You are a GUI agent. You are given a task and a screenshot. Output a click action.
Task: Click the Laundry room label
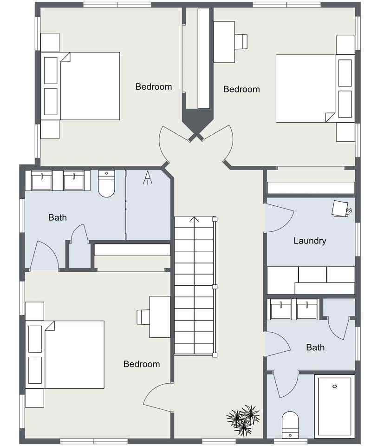coord(310,241)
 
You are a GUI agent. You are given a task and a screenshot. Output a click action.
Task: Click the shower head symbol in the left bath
coord(147,178)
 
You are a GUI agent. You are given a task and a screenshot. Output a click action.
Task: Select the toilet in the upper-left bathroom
coord(107,184)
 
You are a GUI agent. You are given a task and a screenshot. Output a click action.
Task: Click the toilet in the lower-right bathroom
coord(290,425)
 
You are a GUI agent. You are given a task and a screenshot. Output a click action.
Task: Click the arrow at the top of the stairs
coord(195,220)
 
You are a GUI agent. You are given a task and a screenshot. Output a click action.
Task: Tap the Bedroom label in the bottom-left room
coord(142,364)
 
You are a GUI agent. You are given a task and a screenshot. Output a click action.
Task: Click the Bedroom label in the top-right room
coord(241,89)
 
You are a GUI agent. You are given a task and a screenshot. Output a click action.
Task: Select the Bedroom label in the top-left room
coord(154,87)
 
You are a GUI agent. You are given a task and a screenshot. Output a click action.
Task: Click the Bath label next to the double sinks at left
coord(58,217)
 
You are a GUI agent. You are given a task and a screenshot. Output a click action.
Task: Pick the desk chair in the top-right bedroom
coord(241,41)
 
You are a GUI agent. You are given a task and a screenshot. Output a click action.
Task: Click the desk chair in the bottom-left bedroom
coord(143,317)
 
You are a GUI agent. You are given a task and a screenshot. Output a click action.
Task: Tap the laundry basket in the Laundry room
coord(341,209)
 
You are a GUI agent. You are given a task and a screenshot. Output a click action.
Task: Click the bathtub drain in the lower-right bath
coord(335,386)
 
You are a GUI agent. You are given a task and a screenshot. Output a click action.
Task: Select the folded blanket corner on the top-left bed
coord(65,57)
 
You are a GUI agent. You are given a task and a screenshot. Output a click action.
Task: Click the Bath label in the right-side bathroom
coord(315,348)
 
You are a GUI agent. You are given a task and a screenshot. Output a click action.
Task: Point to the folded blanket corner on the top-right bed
coord(330,117)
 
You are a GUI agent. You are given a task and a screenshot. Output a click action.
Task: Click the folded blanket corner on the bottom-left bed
coord(50,326)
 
